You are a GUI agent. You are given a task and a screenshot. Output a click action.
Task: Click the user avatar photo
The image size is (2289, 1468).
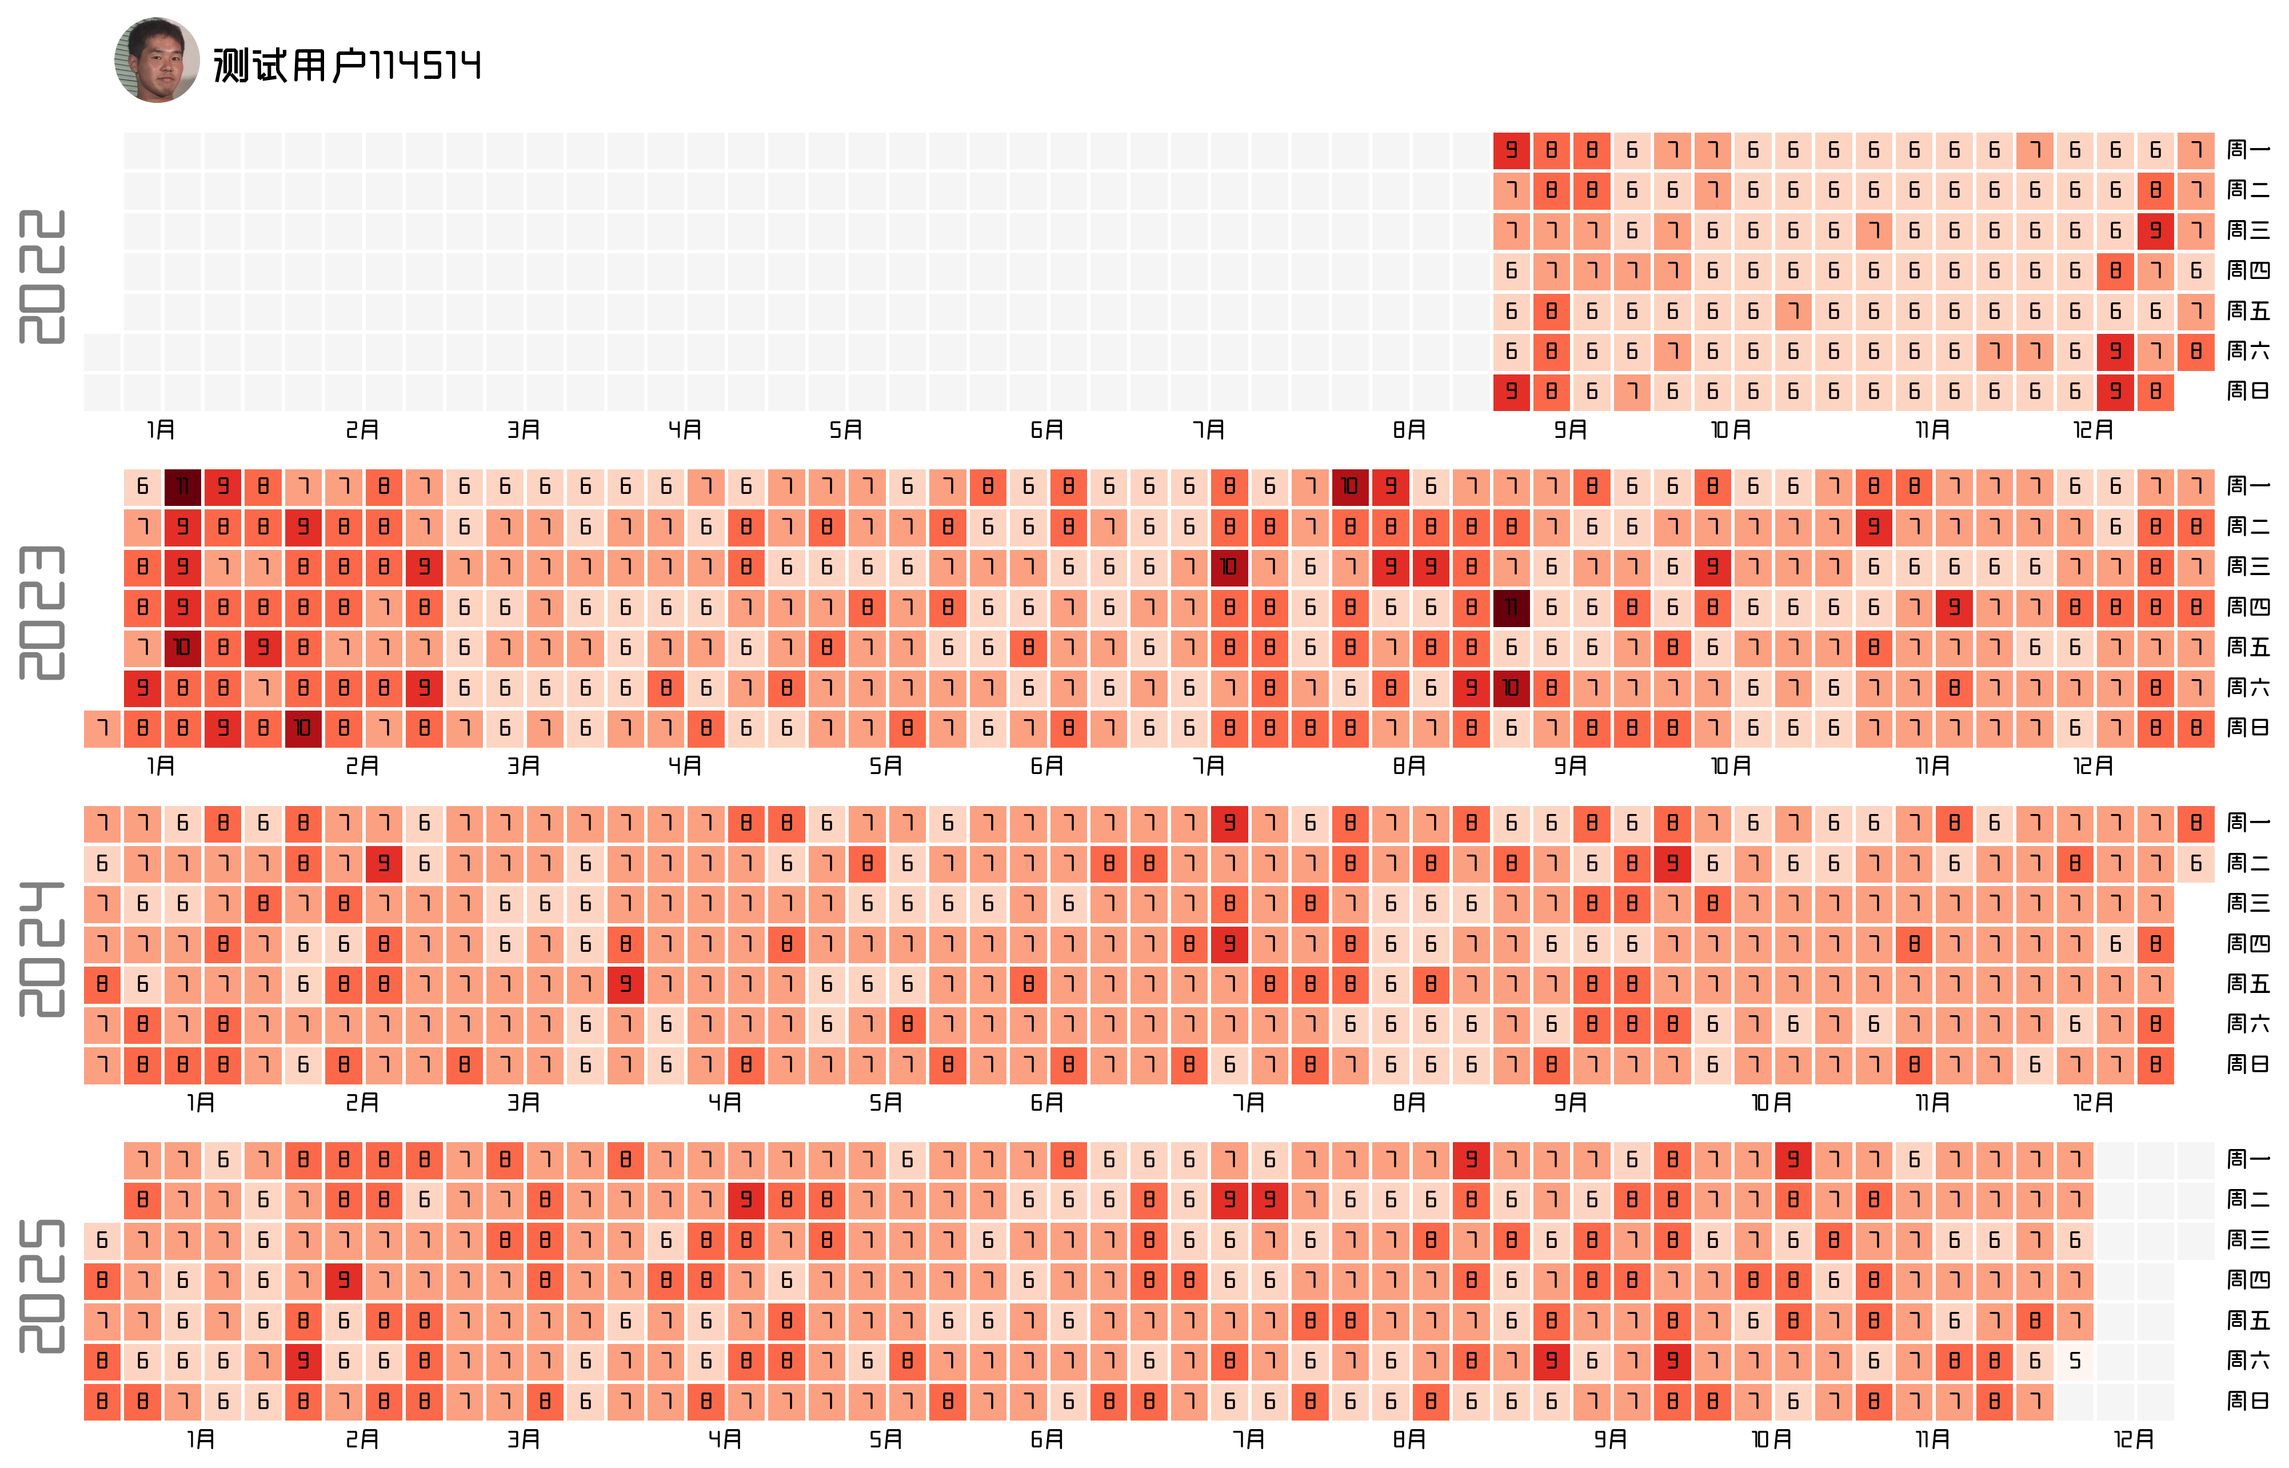[x=157, y=60]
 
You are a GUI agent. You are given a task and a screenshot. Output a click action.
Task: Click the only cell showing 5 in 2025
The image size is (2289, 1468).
[x=2075, y=1361]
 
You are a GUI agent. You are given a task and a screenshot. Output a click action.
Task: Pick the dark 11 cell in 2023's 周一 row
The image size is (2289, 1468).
[x=182, y=486]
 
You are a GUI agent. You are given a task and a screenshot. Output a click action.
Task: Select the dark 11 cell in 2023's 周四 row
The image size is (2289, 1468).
[x=1511, y=607]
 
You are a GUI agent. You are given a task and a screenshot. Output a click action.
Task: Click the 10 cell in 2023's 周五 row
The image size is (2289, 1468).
[x=182, y=647]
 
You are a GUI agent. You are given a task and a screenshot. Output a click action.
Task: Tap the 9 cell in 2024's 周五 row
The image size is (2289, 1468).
[x=625, y=984]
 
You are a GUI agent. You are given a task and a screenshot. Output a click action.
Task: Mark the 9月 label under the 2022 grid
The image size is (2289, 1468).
[x=1571, y=430]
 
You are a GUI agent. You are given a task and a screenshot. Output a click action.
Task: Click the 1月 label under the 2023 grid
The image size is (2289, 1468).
[x=161, y=767]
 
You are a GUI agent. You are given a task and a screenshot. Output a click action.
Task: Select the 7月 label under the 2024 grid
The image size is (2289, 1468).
[x=1248, y=1103]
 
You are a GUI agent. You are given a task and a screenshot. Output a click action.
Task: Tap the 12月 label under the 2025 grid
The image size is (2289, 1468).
[x=2134, y=1439]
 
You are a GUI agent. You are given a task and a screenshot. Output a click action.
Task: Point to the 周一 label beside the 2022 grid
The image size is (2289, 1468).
[x=2248, y=150]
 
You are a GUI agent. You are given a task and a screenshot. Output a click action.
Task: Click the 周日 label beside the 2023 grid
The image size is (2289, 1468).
[x=2248, y=728]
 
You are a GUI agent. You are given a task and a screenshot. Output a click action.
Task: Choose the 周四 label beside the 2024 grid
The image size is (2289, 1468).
[x=2248, y=944]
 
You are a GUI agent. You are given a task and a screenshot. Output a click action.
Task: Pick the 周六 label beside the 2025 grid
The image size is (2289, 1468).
[x=2248, y=1361]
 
